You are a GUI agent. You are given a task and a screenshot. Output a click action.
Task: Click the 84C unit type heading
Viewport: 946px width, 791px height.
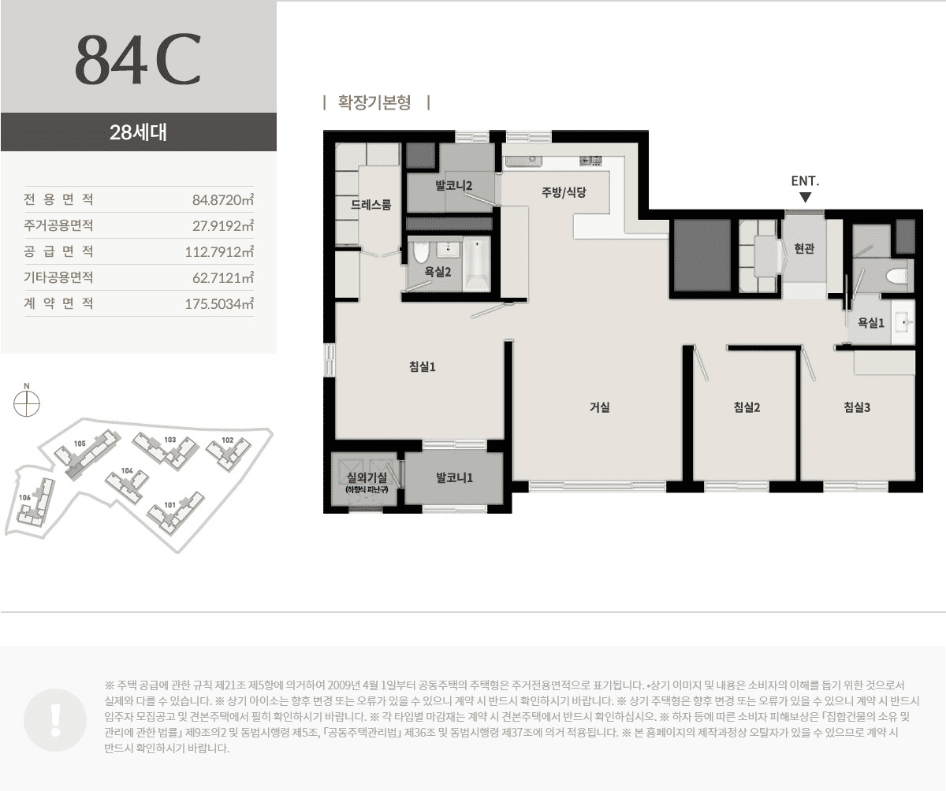(138, 60)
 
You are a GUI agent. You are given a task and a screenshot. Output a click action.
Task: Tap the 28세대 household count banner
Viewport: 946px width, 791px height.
(138, 132)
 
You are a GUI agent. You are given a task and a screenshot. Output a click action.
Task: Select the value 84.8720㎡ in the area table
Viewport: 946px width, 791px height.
(222, 199)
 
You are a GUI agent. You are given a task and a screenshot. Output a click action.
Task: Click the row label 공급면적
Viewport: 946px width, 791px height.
(59, 251)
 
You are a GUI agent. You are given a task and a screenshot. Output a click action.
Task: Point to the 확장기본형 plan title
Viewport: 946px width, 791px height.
(375, 102)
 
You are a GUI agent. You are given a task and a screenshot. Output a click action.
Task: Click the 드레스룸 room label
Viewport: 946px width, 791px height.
(371, 205)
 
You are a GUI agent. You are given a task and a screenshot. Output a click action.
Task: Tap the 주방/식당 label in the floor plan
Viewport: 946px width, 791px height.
(563, 191)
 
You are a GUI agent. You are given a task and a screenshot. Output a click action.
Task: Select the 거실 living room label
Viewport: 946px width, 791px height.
(599, 407)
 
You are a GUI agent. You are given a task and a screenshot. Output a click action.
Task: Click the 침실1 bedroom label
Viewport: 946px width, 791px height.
(423, 366)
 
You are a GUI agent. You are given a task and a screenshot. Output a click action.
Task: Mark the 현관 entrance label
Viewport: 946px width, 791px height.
(803, 248)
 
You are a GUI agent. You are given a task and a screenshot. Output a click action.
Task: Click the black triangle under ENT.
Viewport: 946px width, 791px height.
(805, 198)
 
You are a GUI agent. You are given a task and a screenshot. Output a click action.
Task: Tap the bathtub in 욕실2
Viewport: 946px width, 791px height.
(477, 264)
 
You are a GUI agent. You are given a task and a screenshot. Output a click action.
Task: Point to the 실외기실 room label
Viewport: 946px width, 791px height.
(366, 477)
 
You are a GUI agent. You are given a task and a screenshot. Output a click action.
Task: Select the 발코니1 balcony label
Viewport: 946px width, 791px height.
(454, 477)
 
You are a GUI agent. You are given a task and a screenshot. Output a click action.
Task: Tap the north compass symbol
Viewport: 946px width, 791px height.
(27, 403)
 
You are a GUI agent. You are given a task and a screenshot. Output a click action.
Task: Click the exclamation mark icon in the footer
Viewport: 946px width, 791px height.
(54, 718)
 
